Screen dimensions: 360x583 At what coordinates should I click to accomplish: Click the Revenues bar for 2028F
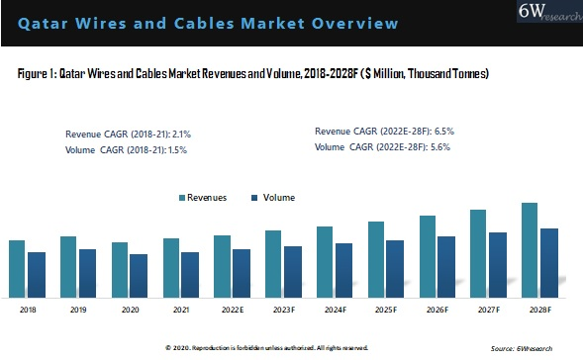coord(530,247)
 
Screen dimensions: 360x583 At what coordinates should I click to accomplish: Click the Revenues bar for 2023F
coord(273,261)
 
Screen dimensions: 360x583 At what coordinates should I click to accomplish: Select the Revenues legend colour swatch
coord(183,198)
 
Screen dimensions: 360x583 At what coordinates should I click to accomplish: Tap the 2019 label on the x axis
coord(77,311)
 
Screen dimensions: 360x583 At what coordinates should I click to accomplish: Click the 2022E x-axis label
coord(233,311)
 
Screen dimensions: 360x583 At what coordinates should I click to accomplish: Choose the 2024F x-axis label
coord(335,311)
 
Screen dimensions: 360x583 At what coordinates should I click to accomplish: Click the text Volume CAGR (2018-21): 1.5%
coord(126,150)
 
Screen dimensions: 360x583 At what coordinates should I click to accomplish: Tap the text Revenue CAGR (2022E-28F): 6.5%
coord(384,132)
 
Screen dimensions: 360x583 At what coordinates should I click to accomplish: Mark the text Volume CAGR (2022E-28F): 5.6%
coord(384,146)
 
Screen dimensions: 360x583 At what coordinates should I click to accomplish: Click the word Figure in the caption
coord(33,74)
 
